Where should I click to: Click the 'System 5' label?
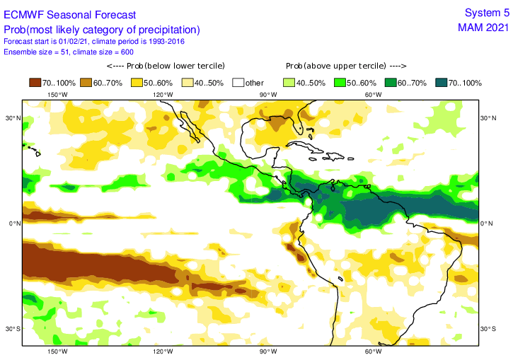coord(486,13)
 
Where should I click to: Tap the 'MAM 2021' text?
coord(483,28)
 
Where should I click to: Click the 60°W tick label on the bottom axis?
coord(373,352)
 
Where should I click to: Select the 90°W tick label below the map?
coord(267,352)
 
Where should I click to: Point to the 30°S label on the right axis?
coord(489,329)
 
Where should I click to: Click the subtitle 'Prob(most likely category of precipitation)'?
coord(102,30)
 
